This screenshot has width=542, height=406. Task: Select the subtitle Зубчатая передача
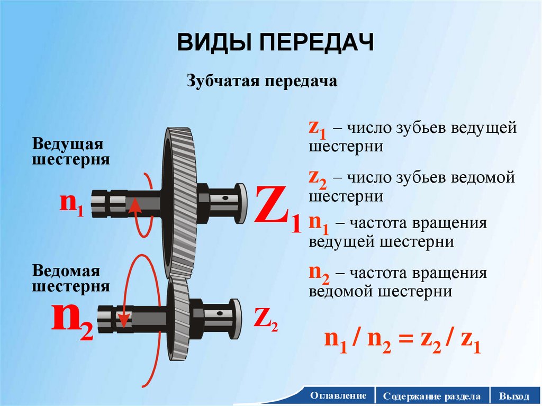[261, 82]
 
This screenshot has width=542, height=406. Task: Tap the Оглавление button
[339, 396]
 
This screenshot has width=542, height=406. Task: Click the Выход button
[517, 396]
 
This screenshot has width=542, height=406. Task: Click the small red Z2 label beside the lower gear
[266, 319]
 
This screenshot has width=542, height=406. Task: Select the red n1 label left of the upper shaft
[71, 204]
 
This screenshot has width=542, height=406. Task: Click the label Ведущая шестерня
[71, 152]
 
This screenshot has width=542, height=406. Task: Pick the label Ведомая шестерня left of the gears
[71, 279]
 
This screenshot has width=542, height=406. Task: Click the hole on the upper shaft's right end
[225, 197]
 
